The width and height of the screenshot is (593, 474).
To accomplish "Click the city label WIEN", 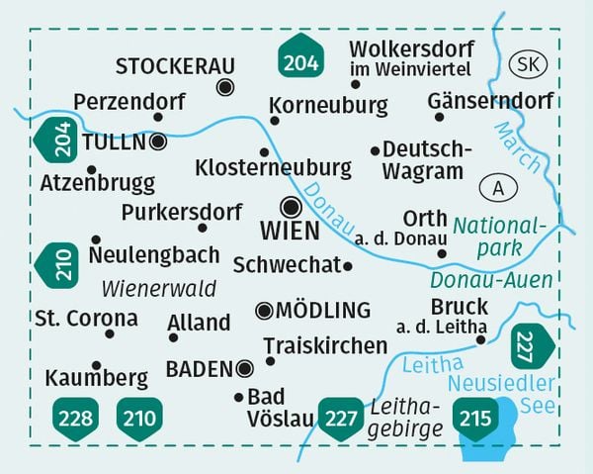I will tap(289, 232).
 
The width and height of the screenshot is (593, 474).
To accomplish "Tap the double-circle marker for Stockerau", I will tap(225, 87).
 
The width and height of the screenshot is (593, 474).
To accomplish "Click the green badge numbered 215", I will tap(475, 418).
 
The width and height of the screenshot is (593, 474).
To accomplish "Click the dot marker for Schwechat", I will tap(348, 265).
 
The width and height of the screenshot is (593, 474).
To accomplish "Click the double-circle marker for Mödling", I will tap(264, 311).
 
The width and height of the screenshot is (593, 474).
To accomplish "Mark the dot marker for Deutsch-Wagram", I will tap(375, 150).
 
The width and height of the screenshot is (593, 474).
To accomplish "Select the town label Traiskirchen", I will tap(325, 345).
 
